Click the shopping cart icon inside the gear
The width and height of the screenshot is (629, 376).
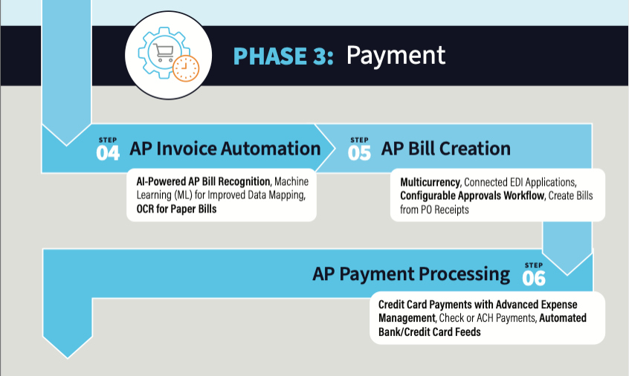pos(164,53)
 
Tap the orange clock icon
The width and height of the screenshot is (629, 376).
pos(186,68)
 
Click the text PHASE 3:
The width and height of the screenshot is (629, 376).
pos(283,56)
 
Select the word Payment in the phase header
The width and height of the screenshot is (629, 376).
pos(396,56)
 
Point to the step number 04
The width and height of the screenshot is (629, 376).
pos(108,153)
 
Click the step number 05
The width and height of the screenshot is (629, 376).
pos(359,153)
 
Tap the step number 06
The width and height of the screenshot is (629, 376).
pos(534,278)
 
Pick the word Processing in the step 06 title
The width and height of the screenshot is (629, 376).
pos(465,275)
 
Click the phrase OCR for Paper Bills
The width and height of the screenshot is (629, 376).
pos(176,209)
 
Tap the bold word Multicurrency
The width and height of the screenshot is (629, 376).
pos(430,182)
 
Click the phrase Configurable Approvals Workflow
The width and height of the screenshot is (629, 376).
pos(472,195)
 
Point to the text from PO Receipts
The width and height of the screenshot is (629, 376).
pos(434,210)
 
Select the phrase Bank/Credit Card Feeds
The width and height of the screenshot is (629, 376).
pos(430,332)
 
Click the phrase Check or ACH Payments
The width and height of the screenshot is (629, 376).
pos(488,318)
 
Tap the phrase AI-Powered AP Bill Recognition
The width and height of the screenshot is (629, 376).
pos(204,181)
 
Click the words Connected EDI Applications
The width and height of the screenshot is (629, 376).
pos(520,182)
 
